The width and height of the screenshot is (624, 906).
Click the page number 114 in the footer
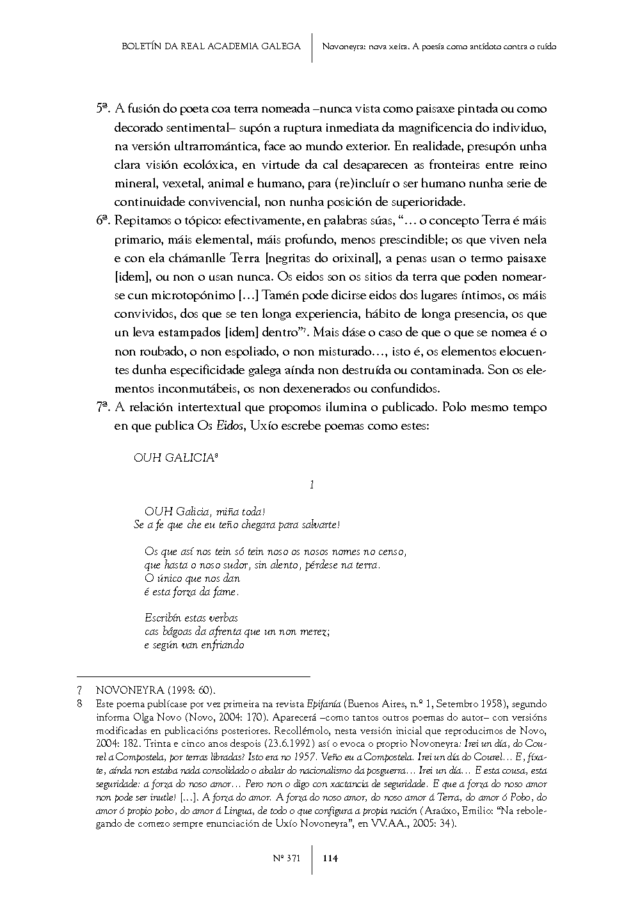(x=330, y=859)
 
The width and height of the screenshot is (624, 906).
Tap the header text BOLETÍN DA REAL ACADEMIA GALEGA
(x=211, y=46)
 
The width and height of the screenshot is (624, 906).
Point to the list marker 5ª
(x=104, y=109)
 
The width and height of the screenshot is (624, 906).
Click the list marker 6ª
(x=104, y=221)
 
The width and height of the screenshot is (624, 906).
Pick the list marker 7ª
(x=104, y=407)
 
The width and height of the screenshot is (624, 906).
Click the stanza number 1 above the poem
(x=312, y=485)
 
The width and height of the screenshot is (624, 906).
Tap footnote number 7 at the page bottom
(x=79, y=691)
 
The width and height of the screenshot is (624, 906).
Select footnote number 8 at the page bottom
(x=79, y=704)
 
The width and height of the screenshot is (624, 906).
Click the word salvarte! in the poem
(x=318, y=525)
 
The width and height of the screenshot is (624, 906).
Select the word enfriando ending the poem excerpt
(x=223, y=645)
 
